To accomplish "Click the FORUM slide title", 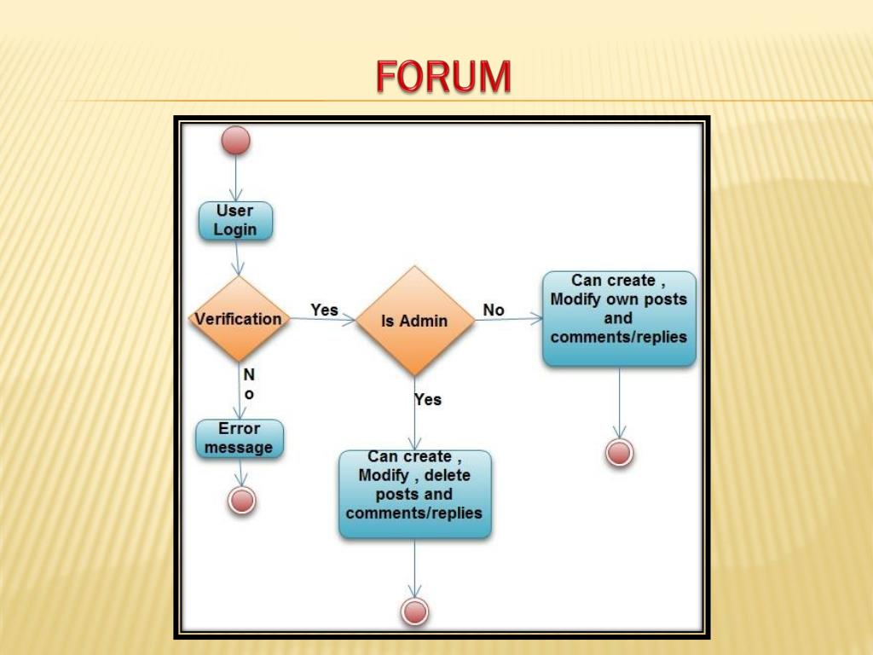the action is (443, 77).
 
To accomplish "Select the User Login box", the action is (235, 220).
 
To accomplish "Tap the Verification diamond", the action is (239, 319).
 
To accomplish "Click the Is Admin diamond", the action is (414, 321).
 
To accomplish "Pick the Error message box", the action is (240, 438).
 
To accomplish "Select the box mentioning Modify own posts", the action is (619, 318).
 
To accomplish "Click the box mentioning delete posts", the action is (414, 494).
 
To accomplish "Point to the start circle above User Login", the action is (236, 141).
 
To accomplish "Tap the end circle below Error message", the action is (242, 500).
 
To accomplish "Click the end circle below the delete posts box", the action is (414, 611).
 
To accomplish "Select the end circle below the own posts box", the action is (620, 452).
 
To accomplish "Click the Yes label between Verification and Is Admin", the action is (324, 310).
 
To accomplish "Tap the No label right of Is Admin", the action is (494, 310).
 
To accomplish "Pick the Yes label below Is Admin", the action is (428, 399).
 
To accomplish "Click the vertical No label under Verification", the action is (249, 385).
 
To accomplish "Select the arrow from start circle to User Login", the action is (236, 179).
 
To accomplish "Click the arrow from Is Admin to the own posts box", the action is (508, 320).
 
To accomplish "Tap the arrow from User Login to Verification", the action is (239, 258).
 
